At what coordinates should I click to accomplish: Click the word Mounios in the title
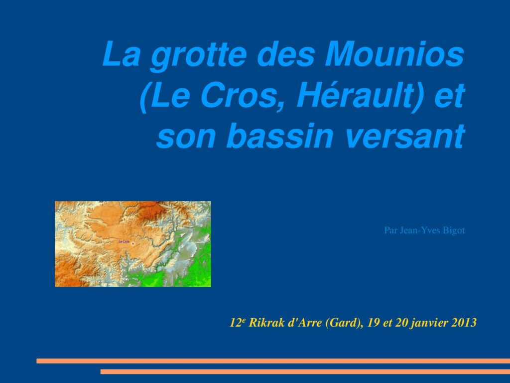pos(394,54)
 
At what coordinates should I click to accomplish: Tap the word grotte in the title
pos(199,56)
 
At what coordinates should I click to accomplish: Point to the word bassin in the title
pos(280,135)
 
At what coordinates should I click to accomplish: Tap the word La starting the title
pos(122,54)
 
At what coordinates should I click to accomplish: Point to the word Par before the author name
pos(390,230)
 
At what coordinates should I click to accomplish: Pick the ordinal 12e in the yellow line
pos(238,323)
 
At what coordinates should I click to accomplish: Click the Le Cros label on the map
pos(124,242)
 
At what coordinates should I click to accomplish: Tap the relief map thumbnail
pos(132,244)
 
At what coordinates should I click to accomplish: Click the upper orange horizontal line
pos(273,361)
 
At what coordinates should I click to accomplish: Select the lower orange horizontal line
pos(305,372)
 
